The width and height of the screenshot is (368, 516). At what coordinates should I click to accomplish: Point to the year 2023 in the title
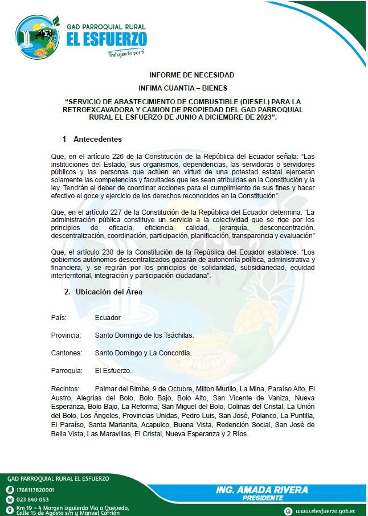tap(259, 117)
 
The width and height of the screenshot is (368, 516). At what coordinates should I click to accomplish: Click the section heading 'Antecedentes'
tap(97, 140)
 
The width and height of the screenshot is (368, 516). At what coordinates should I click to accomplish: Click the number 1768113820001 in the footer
tap(36, 490)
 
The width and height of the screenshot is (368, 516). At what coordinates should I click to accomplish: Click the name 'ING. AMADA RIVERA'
tap(262, 490)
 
